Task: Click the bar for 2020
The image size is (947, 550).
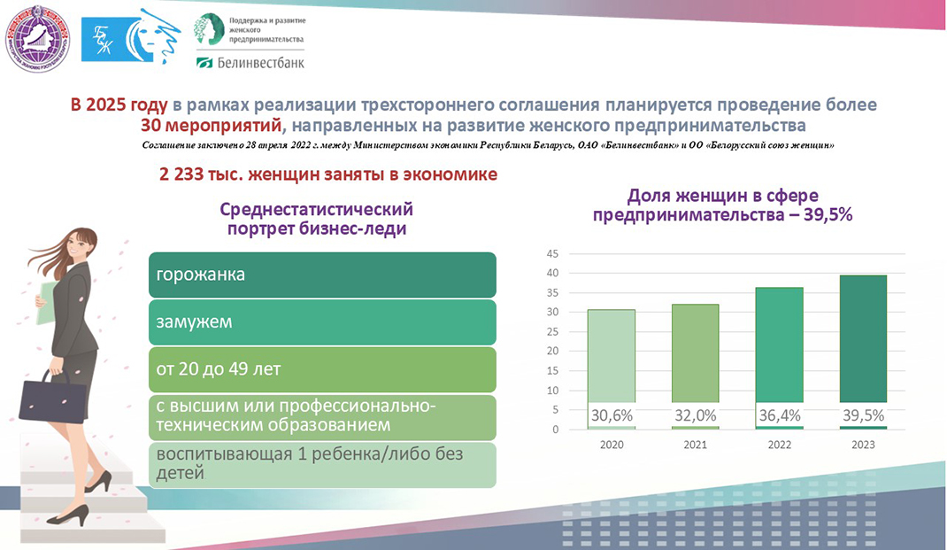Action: click(x=611, y=368)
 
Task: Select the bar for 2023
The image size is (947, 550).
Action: click(x=863, y=350)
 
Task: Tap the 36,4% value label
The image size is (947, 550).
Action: click(x=779, y=415)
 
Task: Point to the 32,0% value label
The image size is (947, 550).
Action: click(x=695, y=415)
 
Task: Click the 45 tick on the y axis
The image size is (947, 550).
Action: click(x=552, y=253)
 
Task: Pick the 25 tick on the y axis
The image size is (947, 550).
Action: click(x=552, y=332)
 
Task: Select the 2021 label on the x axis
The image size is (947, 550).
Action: click(x=695, y=445)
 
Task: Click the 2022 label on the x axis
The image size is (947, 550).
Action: click(x=779, y=445)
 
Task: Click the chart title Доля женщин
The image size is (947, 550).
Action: click(x=722, y=205)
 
